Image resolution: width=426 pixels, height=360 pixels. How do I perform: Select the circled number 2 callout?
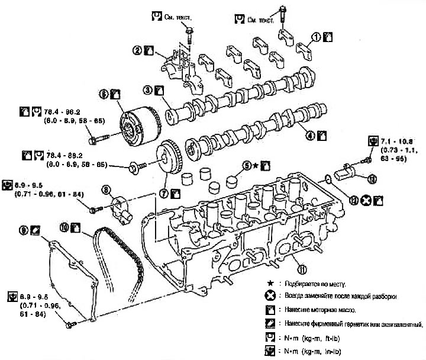[x=137, y=51]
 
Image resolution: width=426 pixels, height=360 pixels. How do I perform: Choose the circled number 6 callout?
[x=104, y=94]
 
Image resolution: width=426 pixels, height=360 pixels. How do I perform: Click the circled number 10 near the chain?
[x=64, y=226]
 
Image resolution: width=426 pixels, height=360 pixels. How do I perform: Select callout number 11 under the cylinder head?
[x=302, y=269]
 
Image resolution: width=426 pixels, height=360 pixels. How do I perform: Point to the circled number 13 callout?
[x=372, y=178]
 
